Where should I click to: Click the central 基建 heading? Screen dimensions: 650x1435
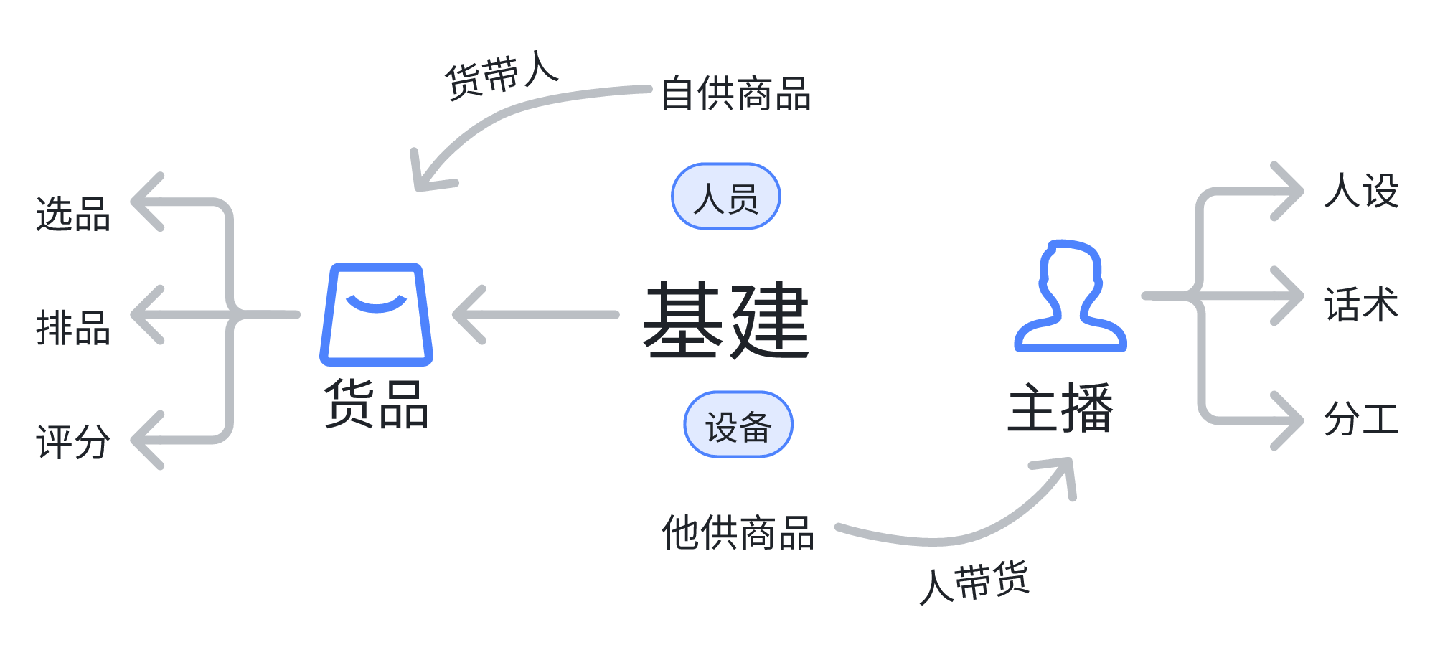click(x=726, y=319)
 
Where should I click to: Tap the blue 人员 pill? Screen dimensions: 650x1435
click(x=725, y=197)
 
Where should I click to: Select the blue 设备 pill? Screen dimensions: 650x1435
click(x=738, y=425)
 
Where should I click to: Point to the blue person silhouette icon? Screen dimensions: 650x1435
click(x=1070, y=296)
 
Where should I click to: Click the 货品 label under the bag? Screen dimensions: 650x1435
click(x=376, y=404)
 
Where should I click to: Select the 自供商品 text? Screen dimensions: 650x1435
click(x=735, y=94)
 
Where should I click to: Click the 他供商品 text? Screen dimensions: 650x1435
click(x=738, y=532)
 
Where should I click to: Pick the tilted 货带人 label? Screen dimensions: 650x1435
click(x=502, y=75)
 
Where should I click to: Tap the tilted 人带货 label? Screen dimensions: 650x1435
click(x=974, y=583)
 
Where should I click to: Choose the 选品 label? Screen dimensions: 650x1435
click(x=73, y=214)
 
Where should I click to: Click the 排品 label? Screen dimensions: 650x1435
click(x=73, y=328)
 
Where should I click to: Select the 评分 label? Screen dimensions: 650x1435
click(x=73, y=441)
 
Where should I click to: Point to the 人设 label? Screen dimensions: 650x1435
click(x=1361, y=191)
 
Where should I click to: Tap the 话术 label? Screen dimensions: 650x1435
click(x=1361, y=304)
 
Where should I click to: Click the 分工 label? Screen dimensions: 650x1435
click(x=1361, y=418)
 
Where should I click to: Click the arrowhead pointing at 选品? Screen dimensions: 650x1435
click(x=146, y=202)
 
